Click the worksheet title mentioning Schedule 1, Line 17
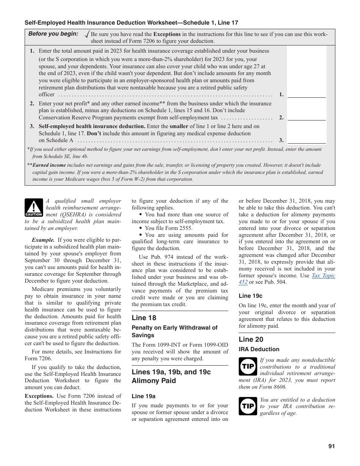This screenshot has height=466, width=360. pos(131,23)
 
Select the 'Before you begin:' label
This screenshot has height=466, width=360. pos(53,34)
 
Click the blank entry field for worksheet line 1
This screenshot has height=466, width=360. pos(306,94)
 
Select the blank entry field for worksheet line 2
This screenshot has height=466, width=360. pos(306,117)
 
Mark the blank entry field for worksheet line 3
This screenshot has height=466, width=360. pos(306,140)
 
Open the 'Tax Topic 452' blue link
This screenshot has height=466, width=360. pos(323,279)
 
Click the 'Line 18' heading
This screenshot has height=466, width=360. pos(144,318)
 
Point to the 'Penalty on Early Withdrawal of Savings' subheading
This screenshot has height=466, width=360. pos(174,332)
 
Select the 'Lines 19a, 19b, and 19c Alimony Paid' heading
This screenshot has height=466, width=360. pos(171,376)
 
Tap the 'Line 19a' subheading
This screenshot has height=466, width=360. pos(144,396)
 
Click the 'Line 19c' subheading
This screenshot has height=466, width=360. pos(250,296)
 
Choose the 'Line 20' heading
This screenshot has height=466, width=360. pos(251,339)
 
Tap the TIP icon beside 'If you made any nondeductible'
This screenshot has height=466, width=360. pos(248,366)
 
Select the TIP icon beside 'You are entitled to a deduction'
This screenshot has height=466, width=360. pos(248,406)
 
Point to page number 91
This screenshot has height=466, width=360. pos(332,446)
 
